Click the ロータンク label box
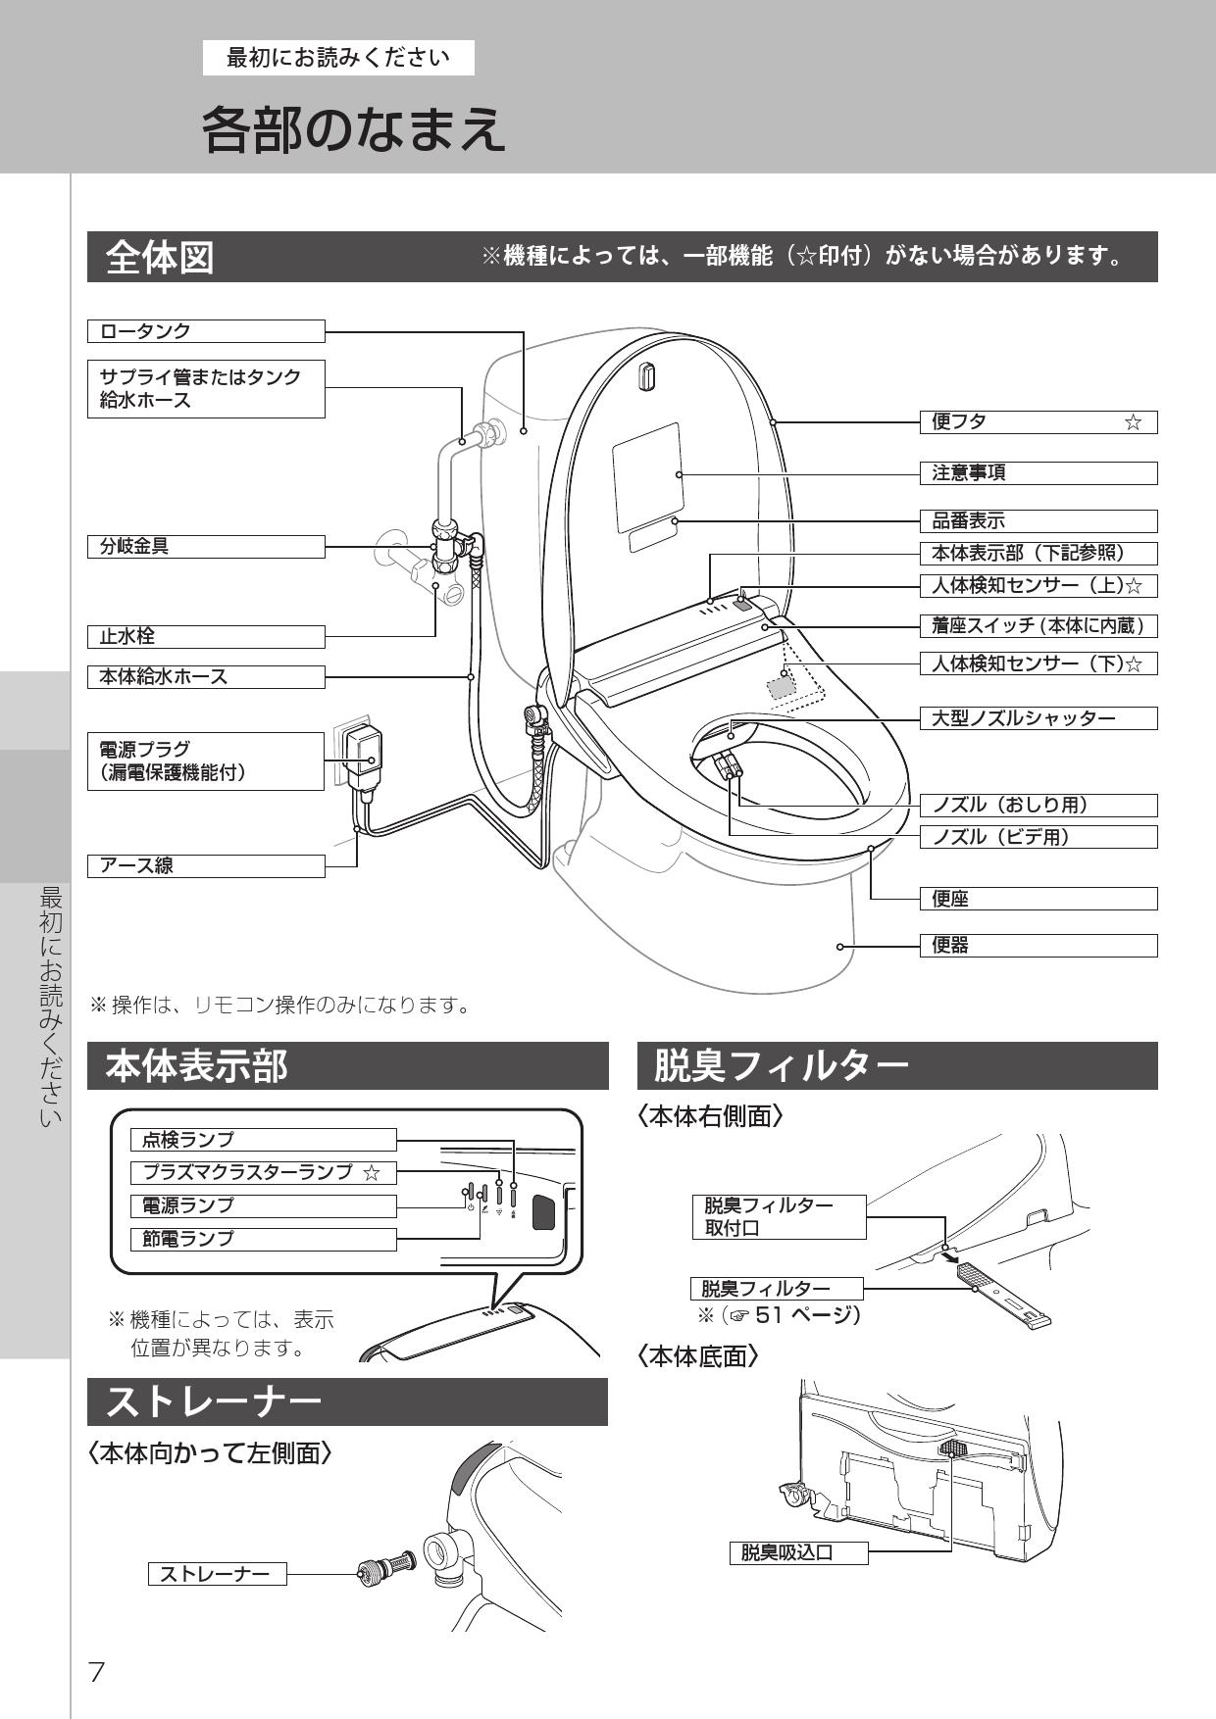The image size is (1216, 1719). point(206,331)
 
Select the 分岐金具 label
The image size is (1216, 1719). point(206,547)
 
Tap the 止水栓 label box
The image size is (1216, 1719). point(206,637)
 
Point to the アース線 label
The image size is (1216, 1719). point(206,866)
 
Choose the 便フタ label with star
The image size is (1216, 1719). point(1038,422)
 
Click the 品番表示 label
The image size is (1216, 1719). point(1038,521)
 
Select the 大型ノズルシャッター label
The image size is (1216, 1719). point(1038,718)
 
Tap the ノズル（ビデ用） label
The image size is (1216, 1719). point(1038,837)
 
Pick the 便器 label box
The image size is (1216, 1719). point(1038,946)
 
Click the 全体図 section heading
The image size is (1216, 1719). point(160,258)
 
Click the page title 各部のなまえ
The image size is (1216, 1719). point(353,130)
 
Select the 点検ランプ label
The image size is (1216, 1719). point(263,1140)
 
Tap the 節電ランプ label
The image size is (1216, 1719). point(263,1239)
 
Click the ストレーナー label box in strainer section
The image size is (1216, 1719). point(217,1574)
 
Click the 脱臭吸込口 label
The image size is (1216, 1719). point(798,1553)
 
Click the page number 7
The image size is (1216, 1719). point(96,1672)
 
